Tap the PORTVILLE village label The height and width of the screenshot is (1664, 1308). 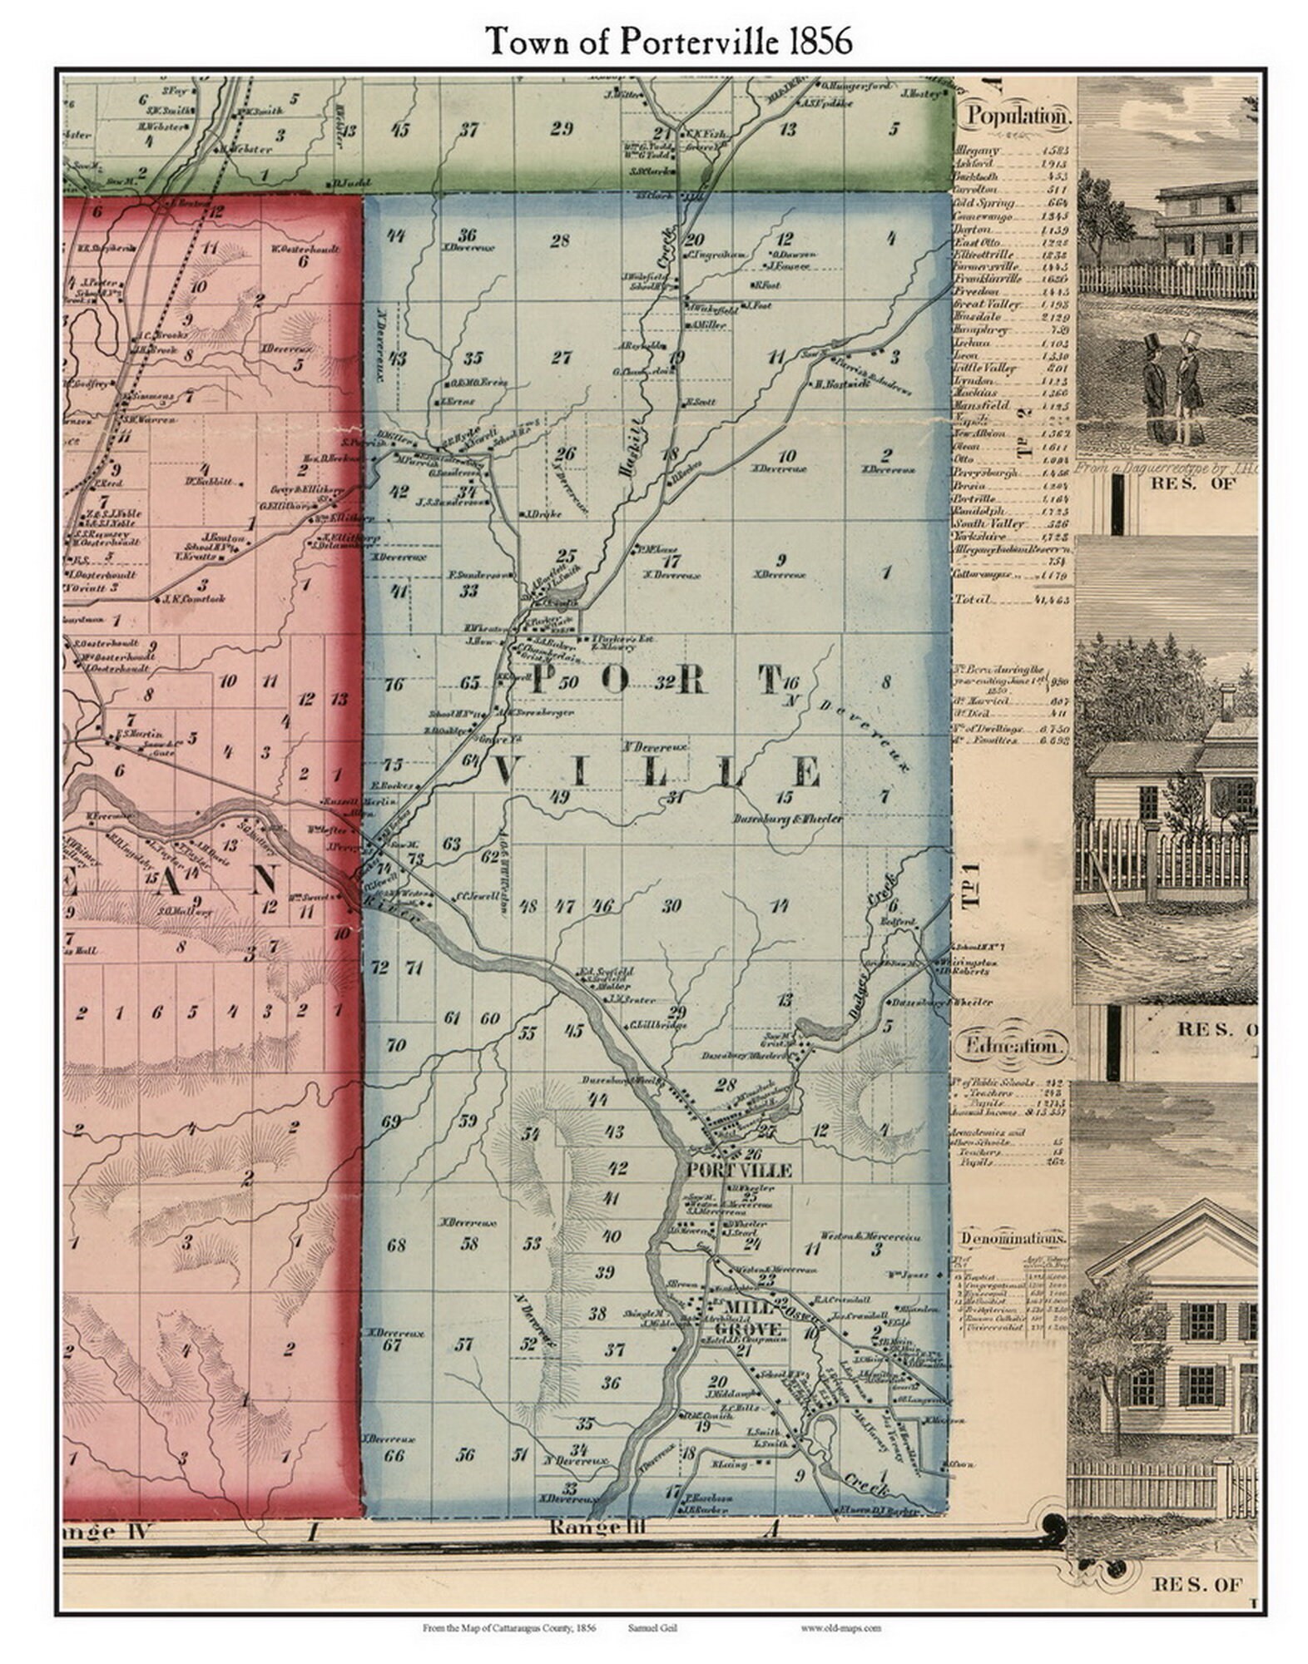click(739, 1171)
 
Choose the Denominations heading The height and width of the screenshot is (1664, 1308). click(1013, 1238)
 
